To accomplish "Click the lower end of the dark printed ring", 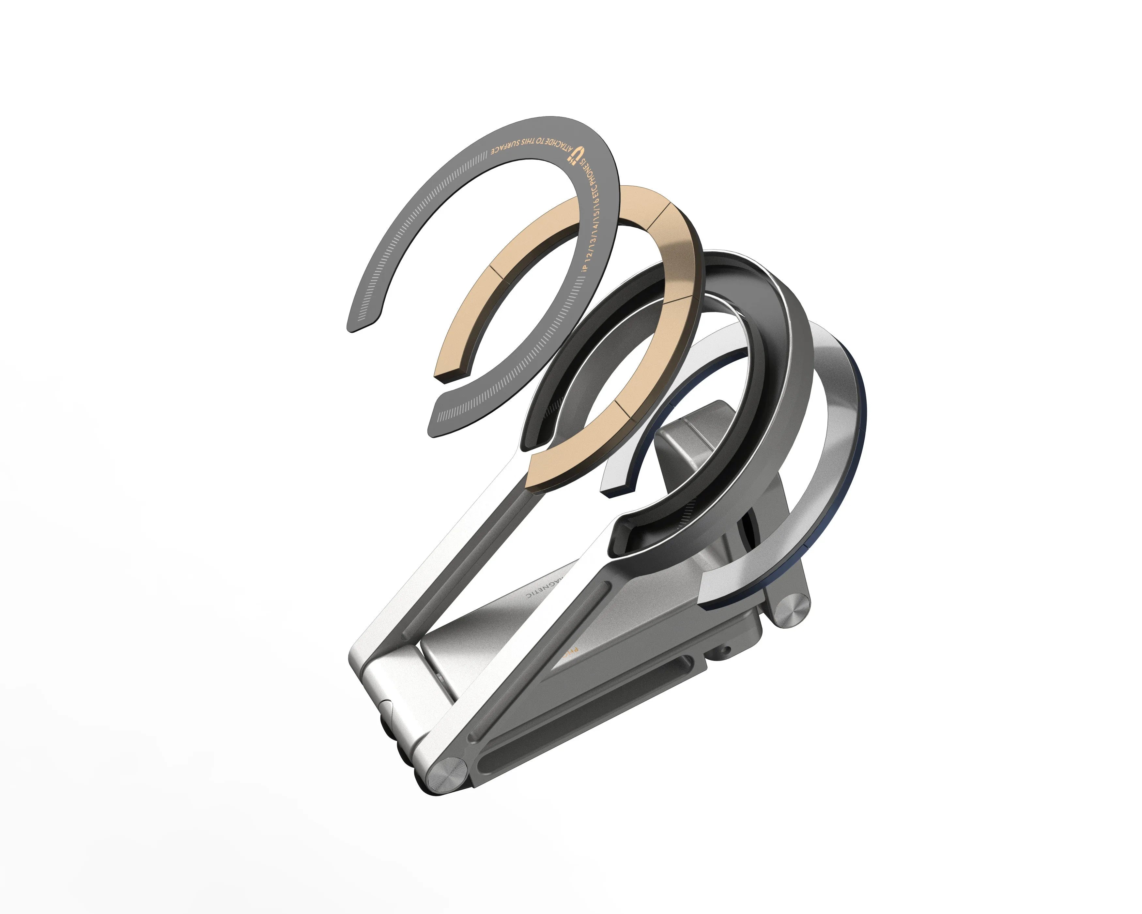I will point(455,418).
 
